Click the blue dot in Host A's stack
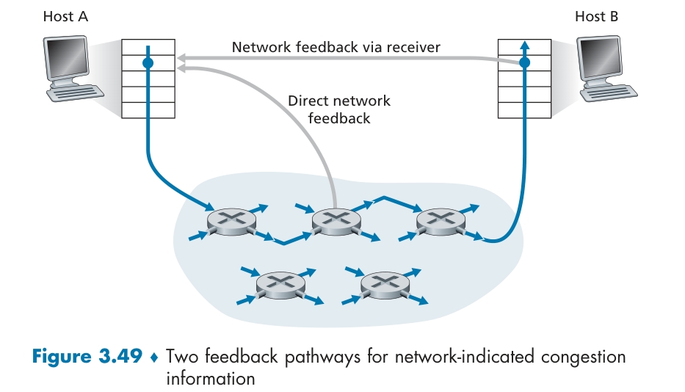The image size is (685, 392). click(148, 64)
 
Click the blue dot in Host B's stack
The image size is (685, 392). click(524, 64)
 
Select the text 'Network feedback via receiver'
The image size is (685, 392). click(336, 48)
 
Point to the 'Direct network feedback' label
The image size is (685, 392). click(339, 109)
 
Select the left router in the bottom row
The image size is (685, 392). click(279, 283)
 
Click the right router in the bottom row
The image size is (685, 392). click(383, 283)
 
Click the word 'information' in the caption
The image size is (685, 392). click(210, 379)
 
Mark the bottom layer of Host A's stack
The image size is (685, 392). click(148, 111)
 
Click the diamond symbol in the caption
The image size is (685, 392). click(153, 358)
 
